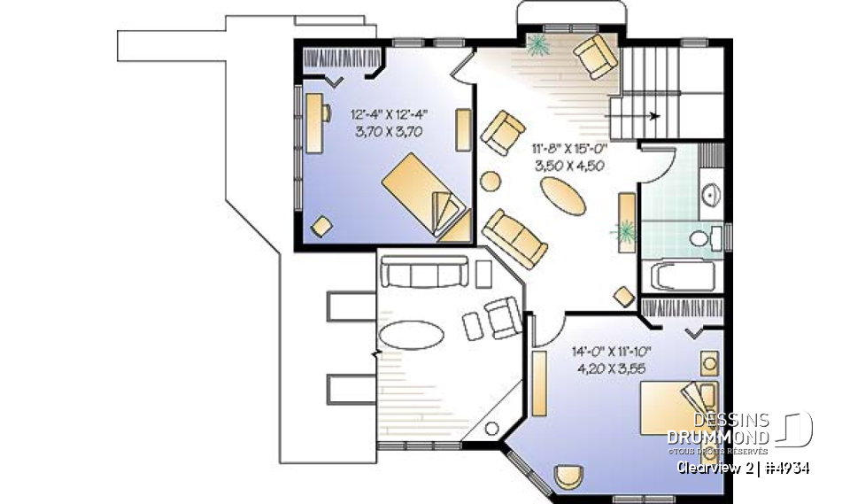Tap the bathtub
684,275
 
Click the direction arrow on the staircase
653,115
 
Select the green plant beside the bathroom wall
625,232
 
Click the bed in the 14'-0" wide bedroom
675,407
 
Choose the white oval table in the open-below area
411,337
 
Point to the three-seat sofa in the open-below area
424,274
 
